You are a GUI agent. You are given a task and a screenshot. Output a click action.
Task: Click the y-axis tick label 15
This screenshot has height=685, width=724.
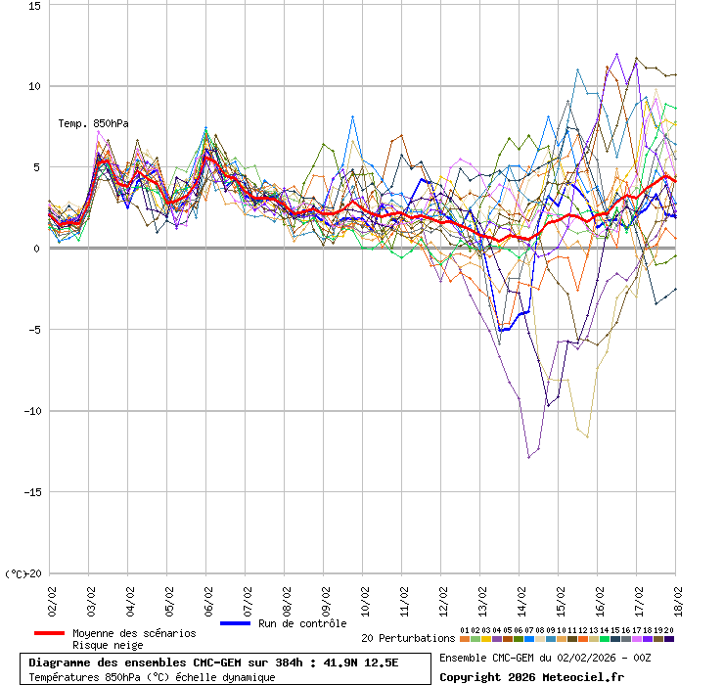coord(34,5)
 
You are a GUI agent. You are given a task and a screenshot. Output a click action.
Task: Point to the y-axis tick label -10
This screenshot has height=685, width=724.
coord(30,411)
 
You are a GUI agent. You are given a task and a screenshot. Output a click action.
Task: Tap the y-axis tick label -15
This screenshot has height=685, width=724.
coord(30,492)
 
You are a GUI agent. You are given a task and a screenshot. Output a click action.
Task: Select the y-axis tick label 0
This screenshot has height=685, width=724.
coord(37,249)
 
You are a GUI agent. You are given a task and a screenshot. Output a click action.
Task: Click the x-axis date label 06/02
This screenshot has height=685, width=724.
coord(207,597)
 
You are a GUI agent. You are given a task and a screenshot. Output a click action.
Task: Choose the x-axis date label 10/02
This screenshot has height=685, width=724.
coord(364,597)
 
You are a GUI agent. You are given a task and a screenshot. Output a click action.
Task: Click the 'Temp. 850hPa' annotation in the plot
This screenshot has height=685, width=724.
coord(93,123)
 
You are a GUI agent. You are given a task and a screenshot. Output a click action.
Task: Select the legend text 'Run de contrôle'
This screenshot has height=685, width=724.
coord(302,623)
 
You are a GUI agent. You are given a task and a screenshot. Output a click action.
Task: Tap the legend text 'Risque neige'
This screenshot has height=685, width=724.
coord(108,645)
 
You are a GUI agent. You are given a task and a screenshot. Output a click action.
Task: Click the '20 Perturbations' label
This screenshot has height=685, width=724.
coord(408,638)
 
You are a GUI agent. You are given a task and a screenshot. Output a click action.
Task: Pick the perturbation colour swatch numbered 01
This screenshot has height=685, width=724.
coord(465,639)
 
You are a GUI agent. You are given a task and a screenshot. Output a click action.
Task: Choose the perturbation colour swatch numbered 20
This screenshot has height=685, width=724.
coord(669,639)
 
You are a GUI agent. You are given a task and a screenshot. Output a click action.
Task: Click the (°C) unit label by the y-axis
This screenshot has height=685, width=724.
coord(16,573)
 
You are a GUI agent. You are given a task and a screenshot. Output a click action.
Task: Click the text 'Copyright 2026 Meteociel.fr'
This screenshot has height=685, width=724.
coord(531,676)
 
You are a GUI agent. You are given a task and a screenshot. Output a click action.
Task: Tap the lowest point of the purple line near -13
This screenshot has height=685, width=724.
coord(529,457)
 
